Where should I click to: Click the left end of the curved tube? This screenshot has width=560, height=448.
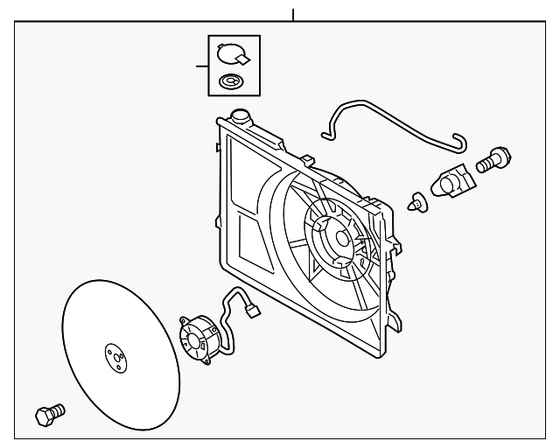(325, 134)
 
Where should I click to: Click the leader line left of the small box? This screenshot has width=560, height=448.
(201, 66)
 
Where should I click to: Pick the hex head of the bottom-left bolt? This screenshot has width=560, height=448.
(43, 416)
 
